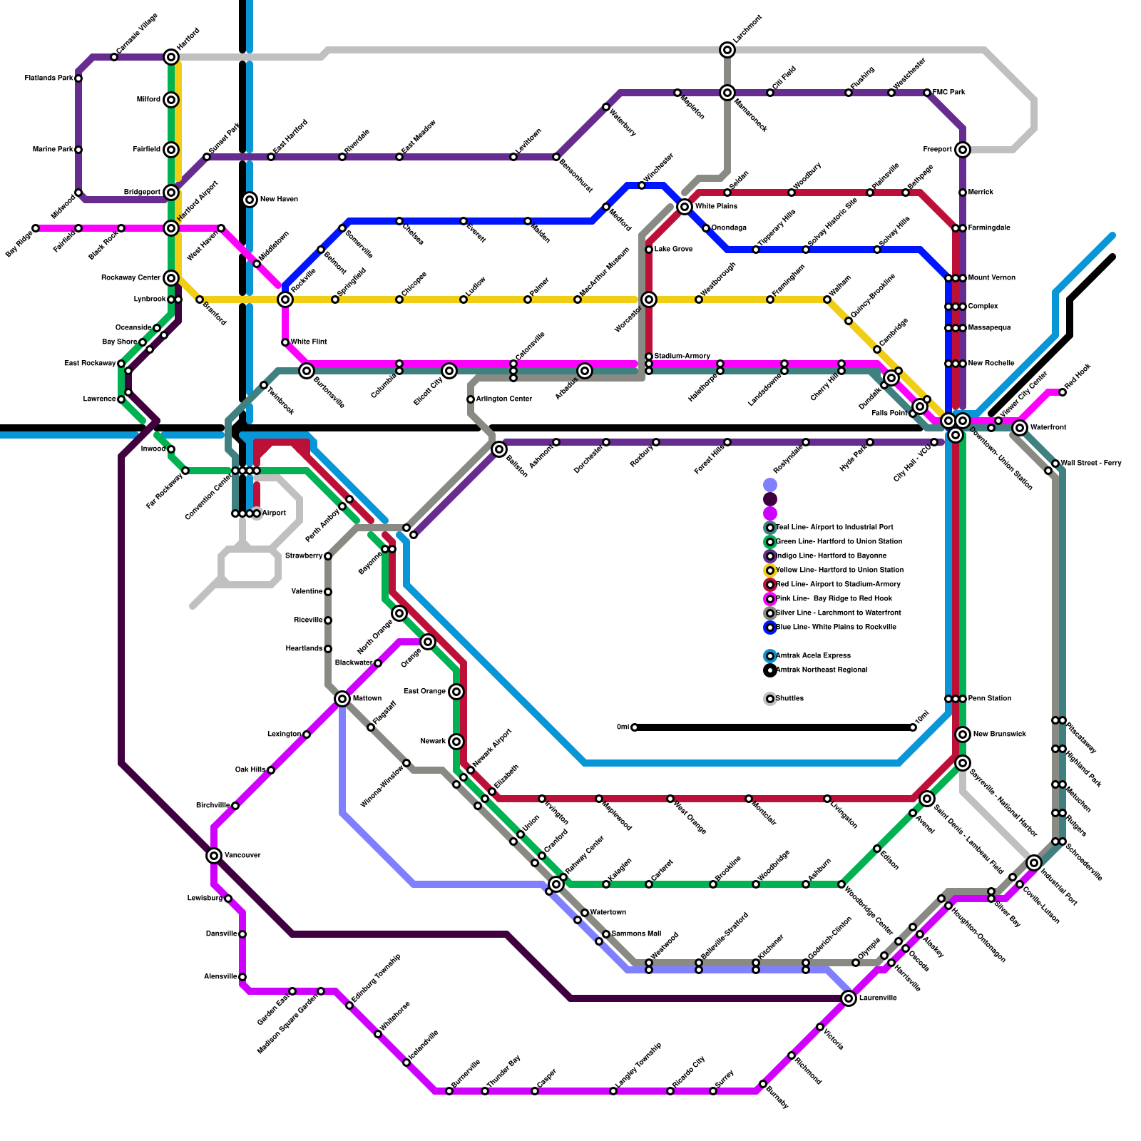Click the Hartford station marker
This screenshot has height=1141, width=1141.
point(171,57)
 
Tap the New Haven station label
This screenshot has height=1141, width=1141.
point(279,200)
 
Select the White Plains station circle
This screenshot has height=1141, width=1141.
point(685,207)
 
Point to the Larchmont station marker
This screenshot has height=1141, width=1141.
point(727,50)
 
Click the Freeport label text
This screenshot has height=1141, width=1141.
point(937,150)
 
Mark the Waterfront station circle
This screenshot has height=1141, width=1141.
point(1020,428)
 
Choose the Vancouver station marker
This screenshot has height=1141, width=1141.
point(214,856)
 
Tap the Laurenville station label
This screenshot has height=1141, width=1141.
point(878,998)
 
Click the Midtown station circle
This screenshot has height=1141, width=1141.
point(342,699)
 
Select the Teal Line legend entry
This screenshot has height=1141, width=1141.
point(834,528)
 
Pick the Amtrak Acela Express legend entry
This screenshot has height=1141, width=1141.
point(812,656)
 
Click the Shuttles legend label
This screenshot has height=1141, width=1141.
point(789,699)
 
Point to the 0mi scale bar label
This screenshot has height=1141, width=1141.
point(623,727)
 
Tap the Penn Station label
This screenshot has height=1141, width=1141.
point(989,699)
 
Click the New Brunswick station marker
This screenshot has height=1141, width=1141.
point(963,735)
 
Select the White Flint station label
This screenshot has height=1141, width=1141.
point(308,342)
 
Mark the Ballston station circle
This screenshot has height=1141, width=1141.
point(499,449)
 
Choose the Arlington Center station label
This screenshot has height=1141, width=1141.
point(503,399)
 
